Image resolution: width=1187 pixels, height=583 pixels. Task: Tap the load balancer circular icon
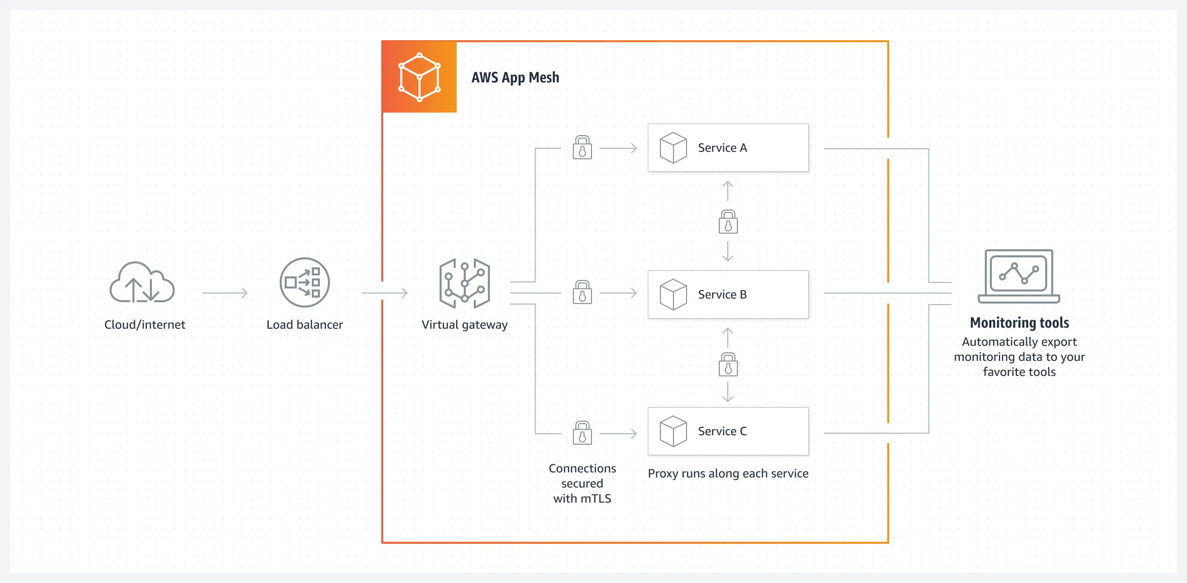tap(304, 282)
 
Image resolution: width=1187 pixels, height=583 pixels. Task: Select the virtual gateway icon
tap(464, 283)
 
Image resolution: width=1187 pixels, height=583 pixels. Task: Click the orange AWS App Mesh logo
tap(419, 77)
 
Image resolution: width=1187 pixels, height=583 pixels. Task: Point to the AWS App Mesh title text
tap(515, 77)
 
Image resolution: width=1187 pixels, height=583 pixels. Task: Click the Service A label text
tap(722, 148)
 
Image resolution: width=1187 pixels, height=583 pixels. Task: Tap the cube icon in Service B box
tap(673, 295)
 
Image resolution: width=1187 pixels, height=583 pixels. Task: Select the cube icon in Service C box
tap(673, 431)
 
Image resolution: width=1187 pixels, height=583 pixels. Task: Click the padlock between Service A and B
tap(728, 222)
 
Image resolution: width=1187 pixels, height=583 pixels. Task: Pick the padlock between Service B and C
tap(728, 364)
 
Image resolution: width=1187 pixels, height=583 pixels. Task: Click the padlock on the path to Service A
tap(582, 148)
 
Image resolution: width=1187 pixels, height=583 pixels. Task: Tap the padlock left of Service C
tap(582, 433)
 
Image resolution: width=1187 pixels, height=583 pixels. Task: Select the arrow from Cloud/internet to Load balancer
tap(225, 293)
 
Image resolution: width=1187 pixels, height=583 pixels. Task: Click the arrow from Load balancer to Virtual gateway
tap(384, 293)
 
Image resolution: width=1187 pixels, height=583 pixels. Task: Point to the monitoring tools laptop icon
tap(1019, 276)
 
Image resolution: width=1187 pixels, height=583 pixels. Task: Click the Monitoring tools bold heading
tap(1019, 323)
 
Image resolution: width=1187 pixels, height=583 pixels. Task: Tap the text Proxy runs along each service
tap(728, 473)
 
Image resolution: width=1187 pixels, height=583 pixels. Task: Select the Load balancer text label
tap(304, 325)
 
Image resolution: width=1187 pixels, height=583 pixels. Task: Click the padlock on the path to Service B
tap(582, 293)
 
